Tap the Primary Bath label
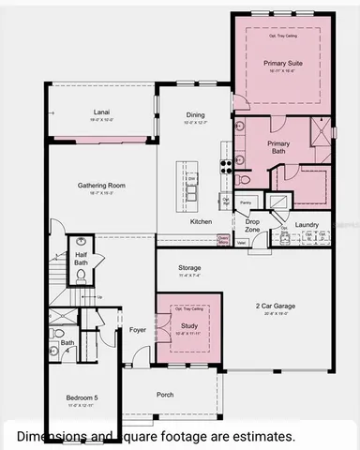278,148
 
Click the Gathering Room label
101,186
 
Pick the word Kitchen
202,221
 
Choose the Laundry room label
307,225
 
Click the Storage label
189,268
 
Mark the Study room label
189,325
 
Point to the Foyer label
138,330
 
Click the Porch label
165,395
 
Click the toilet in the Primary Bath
245,179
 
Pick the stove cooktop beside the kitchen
226,167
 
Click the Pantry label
246,202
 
